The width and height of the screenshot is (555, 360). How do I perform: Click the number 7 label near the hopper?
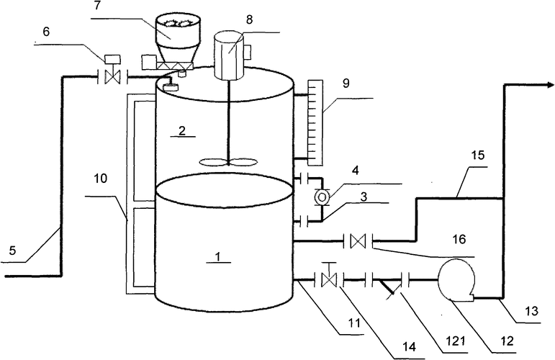point(96,7)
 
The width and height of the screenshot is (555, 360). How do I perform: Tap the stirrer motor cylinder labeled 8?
point(229,55)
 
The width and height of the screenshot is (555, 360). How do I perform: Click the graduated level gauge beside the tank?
point(315,122)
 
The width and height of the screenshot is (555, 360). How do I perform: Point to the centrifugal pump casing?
point(457,281)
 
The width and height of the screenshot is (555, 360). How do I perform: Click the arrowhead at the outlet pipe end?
point(551,85)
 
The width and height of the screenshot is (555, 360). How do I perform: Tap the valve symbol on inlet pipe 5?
point(114,77)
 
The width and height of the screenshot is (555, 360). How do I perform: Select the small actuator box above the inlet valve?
point(112,59)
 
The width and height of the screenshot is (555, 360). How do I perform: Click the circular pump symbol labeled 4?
point(322,196)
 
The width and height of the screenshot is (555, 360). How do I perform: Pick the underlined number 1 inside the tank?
point(218,257)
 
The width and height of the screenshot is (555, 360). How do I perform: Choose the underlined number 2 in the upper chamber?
point(182,131)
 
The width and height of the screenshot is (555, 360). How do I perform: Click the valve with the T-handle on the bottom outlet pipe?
point(330,275)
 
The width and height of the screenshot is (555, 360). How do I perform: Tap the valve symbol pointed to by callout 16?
point(358,241)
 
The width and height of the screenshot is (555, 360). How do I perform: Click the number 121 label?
point(456,341)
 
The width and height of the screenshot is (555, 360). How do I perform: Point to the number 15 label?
point(478,155)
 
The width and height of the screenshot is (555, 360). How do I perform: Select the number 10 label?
point(101,178)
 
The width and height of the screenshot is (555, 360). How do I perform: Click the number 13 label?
point(532,311)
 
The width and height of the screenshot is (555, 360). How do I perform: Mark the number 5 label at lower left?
point(12,251)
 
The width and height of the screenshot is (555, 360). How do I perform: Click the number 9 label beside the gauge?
point(346,84)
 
